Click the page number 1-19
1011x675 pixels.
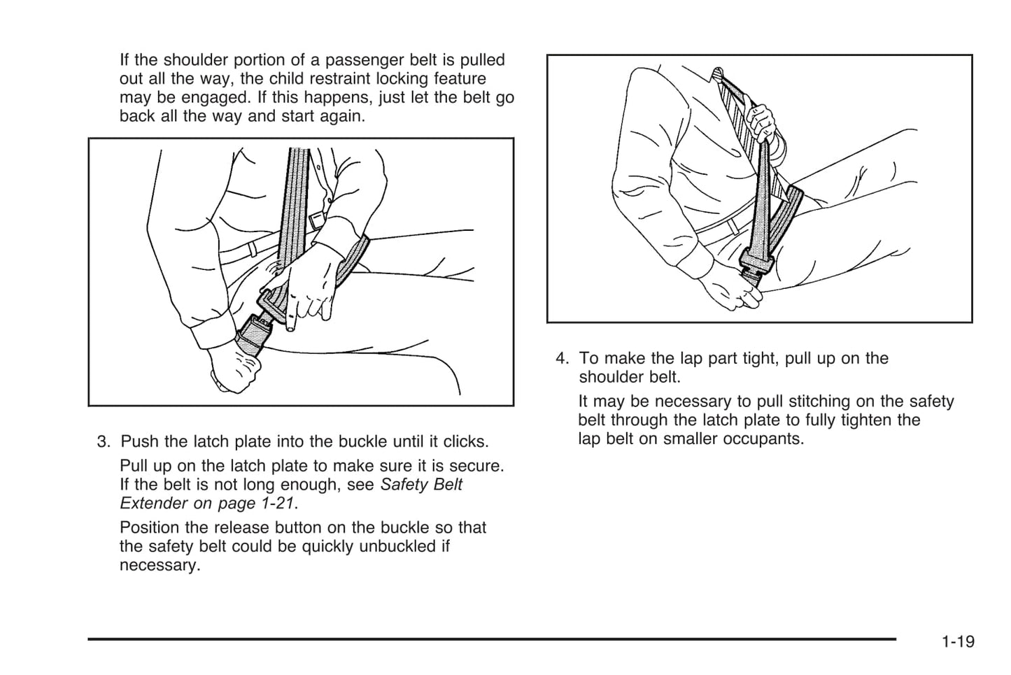click(x=957, y=641)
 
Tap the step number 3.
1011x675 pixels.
click(x=103, y=442)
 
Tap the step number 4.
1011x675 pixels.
click(x=562, y=359)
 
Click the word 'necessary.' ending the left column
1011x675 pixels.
click(x=160, y=565)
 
